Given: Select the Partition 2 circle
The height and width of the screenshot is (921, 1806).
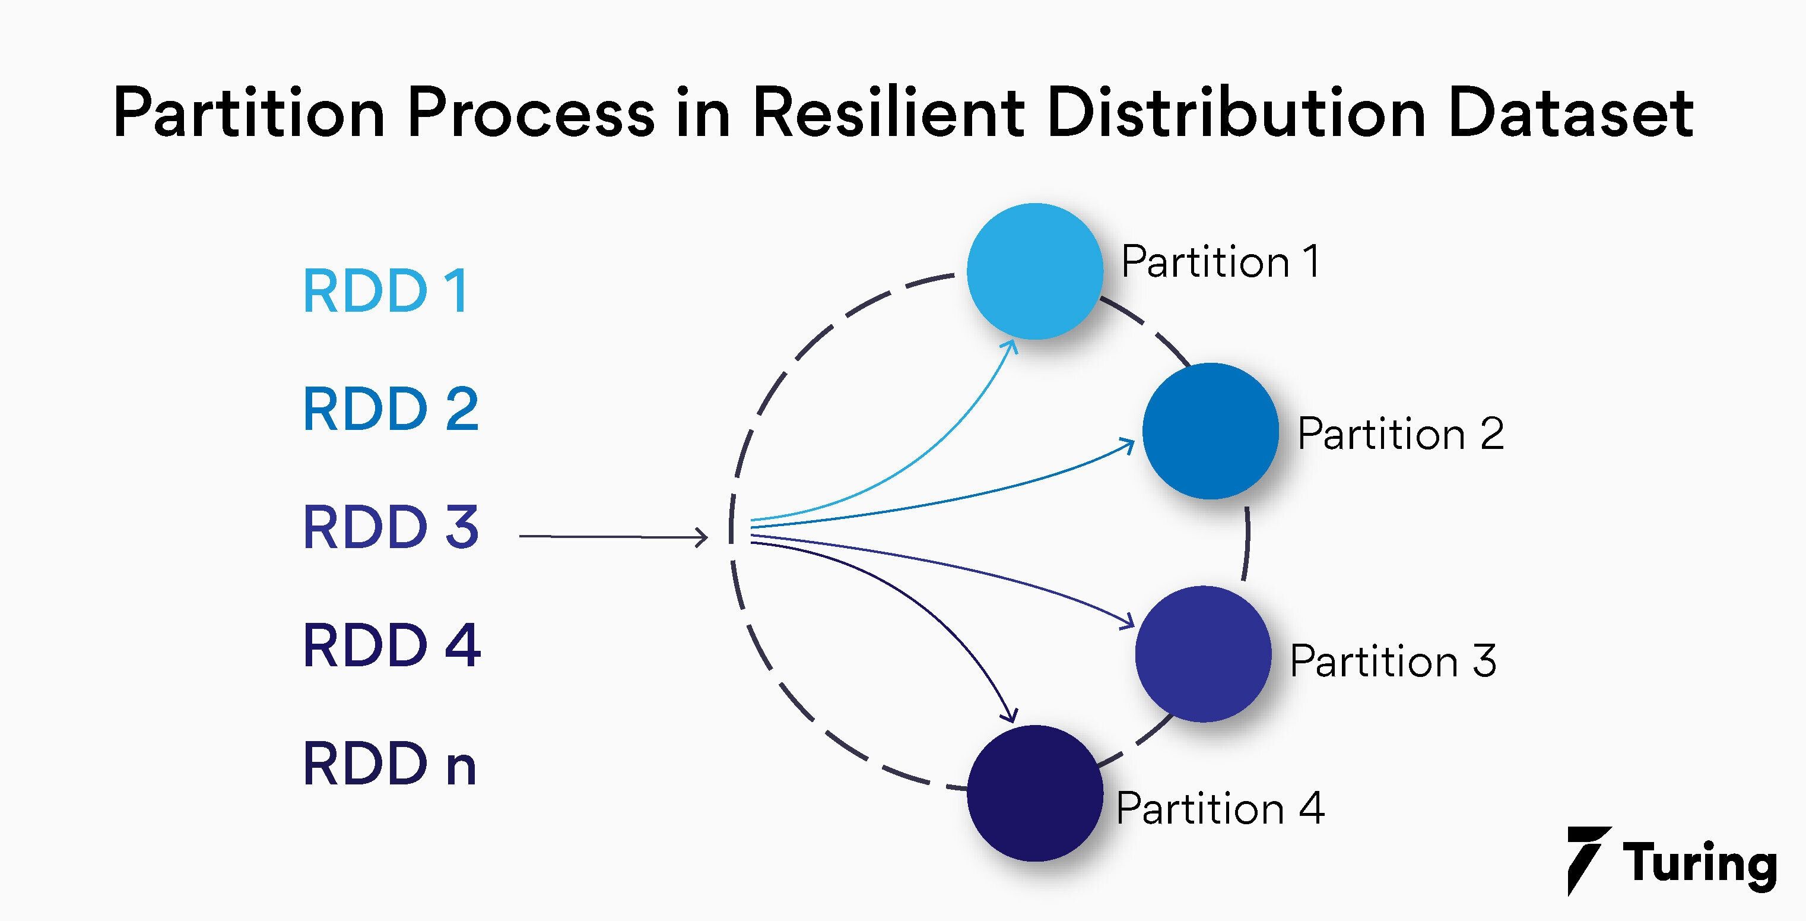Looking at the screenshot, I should [x=1210, y=431].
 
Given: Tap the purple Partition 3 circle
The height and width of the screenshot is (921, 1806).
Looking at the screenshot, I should [x=1202, y=654].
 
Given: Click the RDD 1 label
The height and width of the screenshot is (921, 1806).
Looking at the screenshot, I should [x=386, y=291].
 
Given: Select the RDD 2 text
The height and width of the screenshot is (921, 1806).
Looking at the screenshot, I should [x=391, y=409].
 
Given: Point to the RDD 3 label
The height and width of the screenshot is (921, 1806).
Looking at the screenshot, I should [x=391, y=527].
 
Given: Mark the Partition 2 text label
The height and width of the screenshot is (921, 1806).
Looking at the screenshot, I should [x=1400, y=433].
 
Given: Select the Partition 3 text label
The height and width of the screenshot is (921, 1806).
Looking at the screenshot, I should [x=1392, y=661].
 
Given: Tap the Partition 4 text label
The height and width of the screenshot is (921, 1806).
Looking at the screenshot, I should [x=1220, y=808].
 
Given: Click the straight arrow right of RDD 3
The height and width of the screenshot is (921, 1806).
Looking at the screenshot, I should [x=614, y=537].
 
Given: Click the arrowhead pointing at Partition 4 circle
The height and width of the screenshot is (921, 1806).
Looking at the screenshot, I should [x=1010, y=716].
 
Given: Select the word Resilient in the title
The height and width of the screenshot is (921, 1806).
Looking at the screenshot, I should [x=888, y=113].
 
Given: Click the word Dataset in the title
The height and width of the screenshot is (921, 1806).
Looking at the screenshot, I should [x=1570, y=113].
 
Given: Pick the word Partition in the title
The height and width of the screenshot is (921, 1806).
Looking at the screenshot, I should [x=249, y=113].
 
